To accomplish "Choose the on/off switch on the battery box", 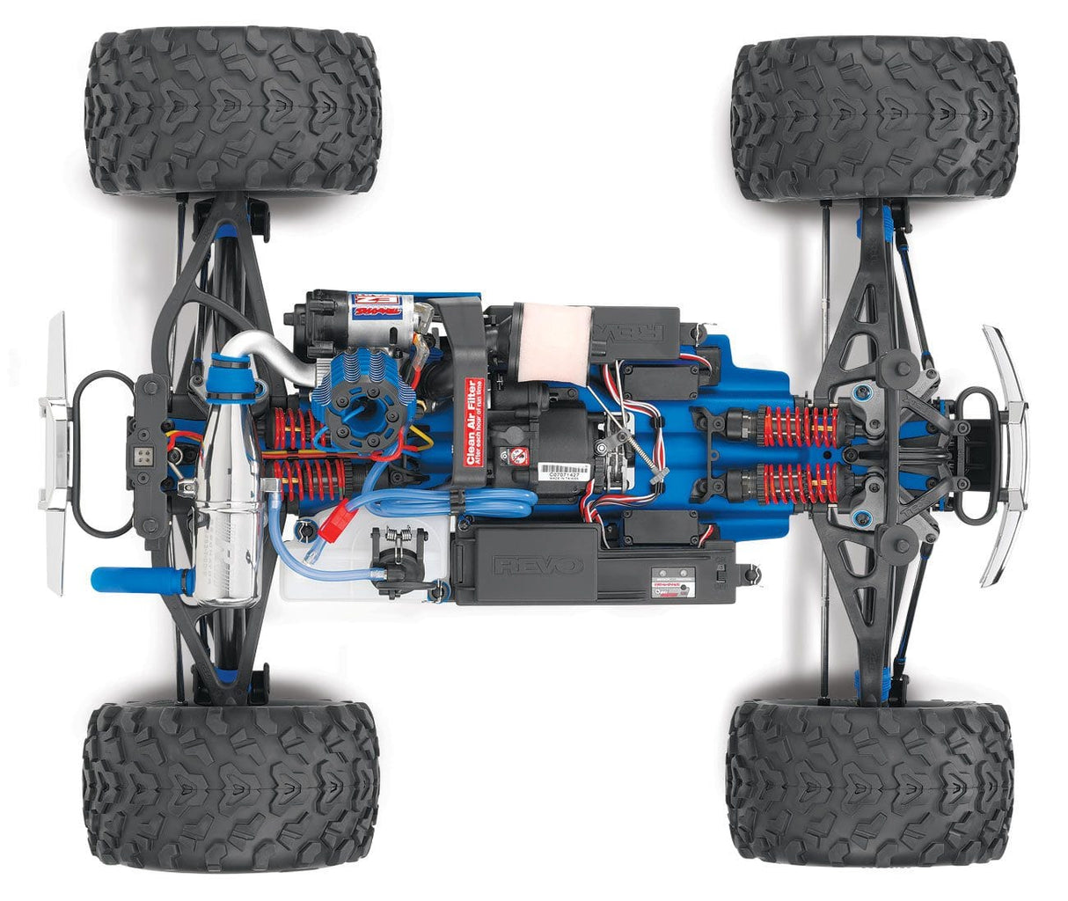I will (719, 577).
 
